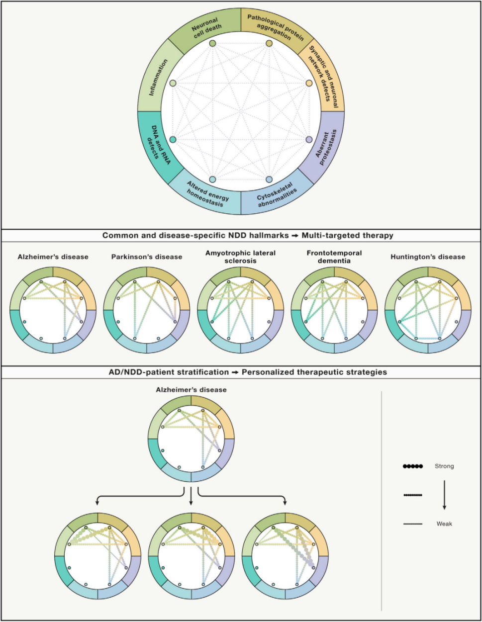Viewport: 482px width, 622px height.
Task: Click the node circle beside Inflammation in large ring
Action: click(173, 83)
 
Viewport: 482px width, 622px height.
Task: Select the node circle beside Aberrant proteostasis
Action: click(309, 140)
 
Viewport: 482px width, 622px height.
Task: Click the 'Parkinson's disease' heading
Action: click(147, 257)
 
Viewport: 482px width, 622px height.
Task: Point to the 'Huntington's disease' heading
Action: click(428, 257)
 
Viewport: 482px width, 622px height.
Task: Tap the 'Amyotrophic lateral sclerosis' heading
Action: click(240, 257)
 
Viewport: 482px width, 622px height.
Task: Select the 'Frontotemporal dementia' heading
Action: click(334, 257)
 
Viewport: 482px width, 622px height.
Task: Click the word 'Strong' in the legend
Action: click(444, 466)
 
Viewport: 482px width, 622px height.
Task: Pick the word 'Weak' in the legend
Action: click(444, 524)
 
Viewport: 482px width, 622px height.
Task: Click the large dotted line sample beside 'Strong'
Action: click(413, 466)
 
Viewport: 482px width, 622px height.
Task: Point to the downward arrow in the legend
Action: click(444, 495)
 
